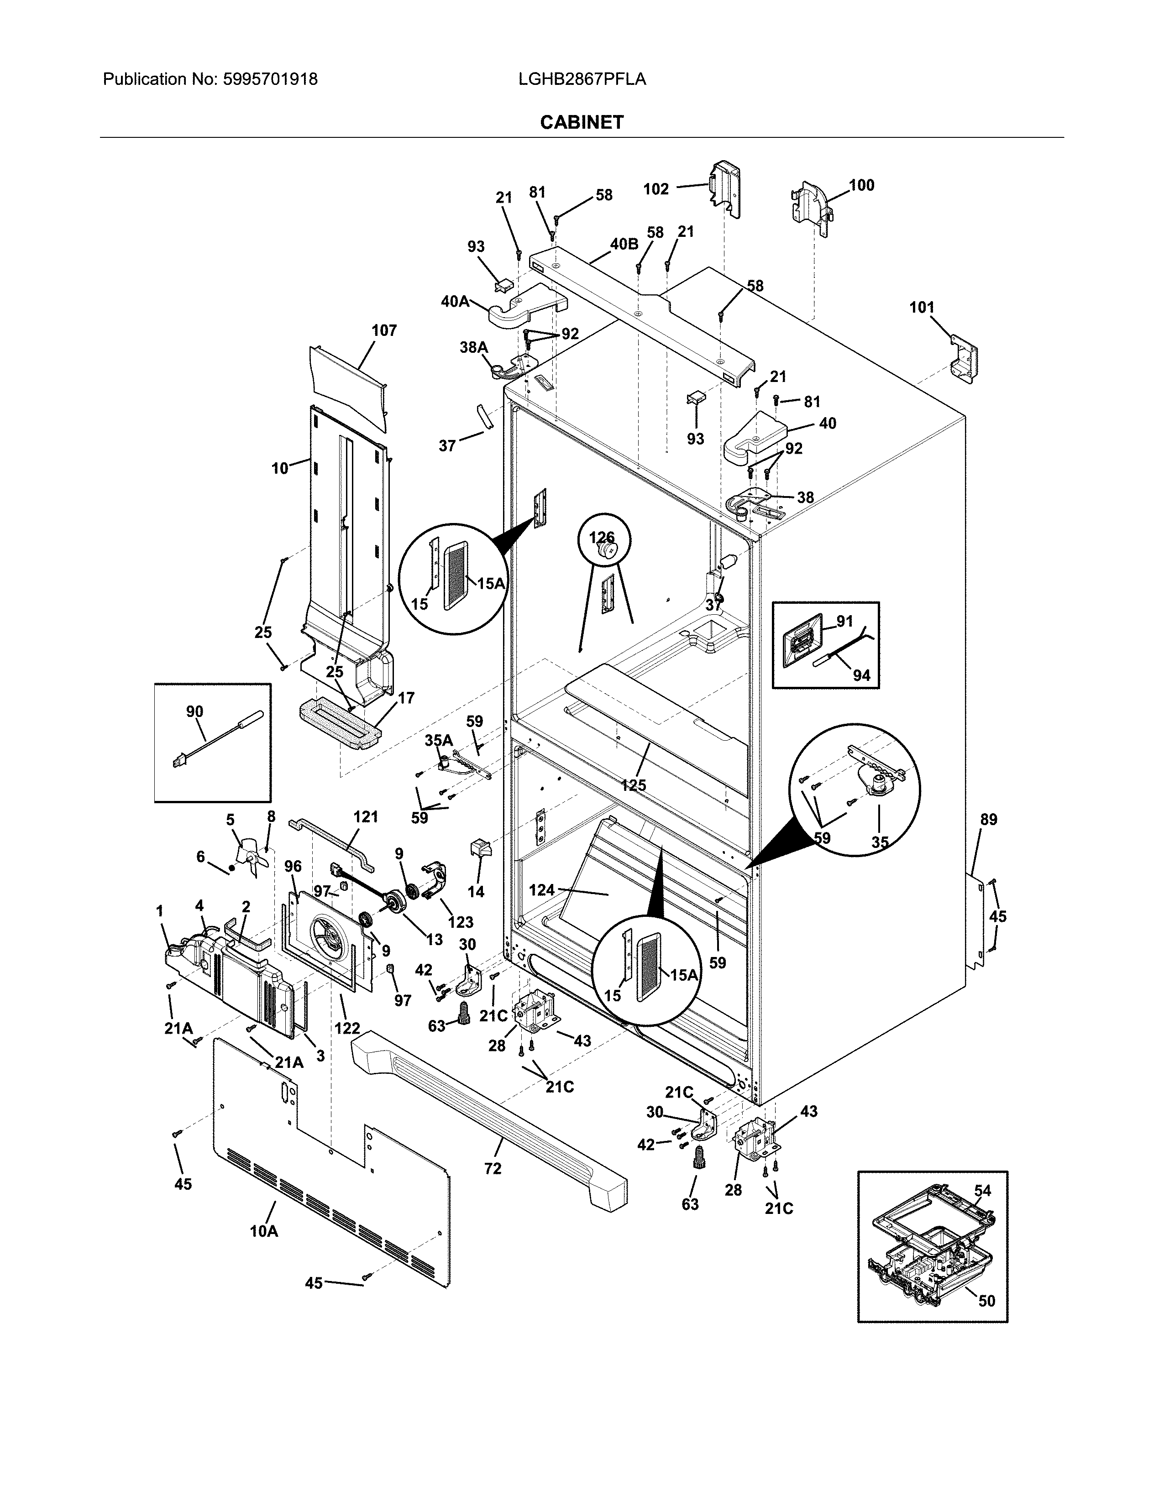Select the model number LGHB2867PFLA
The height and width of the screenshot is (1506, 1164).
[x=581, y=79]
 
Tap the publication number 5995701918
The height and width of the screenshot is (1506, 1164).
[x=270, y=79]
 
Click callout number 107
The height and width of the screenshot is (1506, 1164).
[x=384, y=330]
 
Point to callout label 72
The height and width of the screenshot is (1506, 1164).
[x=493, y=1168]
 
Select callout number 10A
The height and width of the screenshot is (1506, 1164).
[x=263, y=1231]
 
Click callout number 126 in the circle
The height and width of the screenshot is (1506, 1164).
[x=601, y=537]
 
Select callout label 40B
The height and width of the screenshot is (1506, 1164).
[x=624, y=243]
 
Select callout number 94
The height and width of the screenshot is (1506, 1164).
[x=861, y=675]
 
